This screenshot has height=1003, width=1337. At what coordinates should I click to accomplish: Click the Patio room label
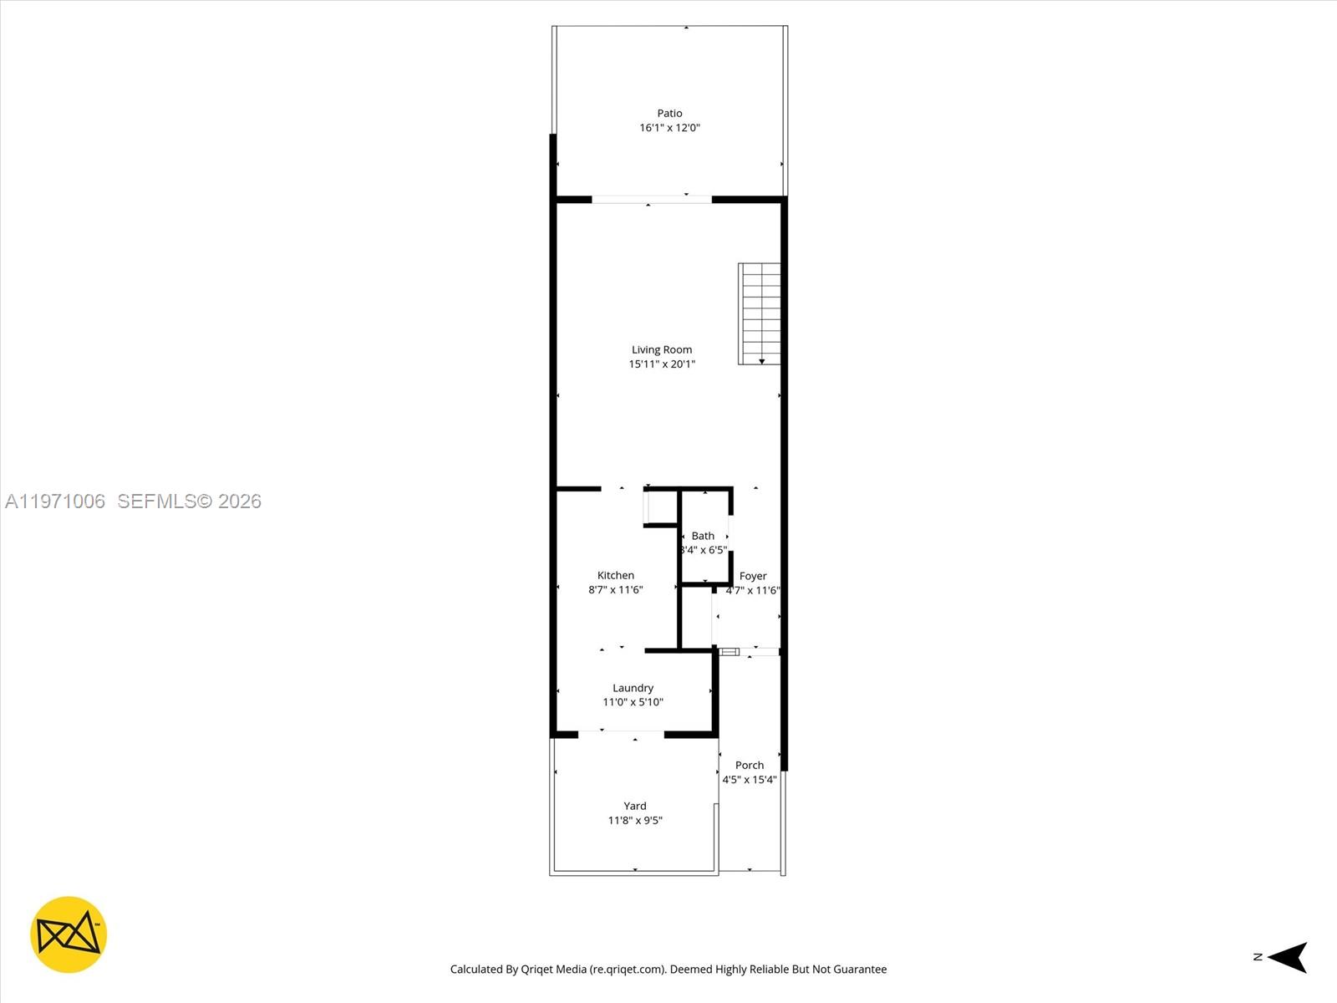[669, 113]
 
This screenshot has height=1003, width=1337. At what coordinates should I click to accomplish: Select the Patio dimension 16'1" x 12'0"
[669, 128]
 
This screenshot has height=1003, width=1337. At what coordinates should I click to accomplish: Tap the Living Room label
[662, 349]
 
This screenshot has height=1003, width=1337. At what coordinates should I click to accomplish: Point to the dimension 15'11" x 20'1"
[662, 364]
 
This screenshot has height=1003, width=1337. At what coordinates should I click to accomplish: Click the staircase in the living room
[759, 313]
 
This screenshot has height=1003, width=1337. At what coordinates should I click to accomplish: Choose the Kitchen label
[616, 575]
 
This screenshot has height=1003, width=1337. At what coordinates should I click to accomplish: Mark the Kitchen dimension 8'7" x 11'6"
[616, 590]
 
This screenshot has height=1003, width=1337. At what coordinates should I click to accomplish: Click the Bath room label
[703, 536]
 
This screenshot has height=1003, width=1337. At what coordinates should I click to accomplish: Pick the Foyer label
[753, 576]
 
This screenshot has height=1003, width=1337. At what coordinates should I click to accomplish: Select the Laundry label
[633, 688]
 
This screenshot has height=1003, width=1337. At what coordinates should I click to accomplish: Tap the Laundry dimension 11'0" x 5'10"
[633, 702]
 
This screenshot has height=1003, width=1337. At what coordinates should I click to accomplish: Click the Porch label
[750, 765]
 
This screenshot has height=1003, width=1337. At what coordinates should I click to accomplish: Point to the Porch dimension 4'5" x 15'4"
[750, 780]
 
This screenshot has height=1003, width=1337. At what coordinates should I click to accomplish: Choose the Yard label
[635, 806]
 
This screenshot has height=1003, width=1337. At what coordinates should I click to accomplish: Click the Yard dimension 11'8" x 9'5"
[635, 821]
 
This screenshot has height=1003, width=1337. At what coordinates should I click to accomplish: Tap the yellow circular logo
[69, 934]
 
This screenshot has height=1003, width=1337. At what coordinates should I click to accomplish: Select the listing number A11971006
[55, 501]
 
